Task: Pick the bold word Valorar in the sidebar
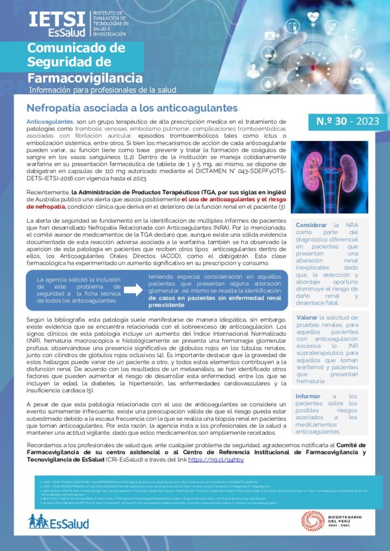pos(307,317)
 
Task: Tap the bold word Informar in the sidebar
pos(308,396)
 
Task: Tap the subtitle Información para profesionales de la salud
pos(102,90)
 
